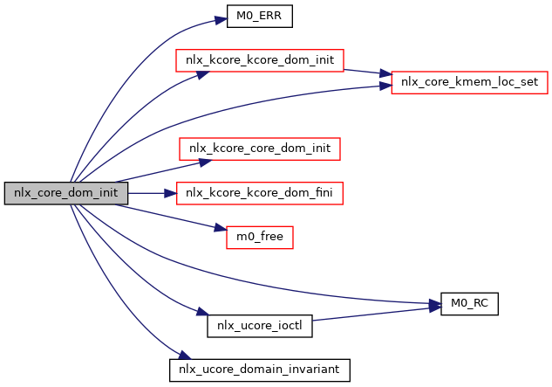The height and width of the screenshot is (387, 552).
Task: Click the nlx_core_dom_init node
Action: click(66, 193)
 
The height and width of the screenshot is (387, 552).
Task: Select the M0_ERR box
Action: click(260, 16)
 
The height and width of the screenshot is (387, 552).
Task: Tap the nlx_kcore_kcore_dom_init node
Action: click(260, 60)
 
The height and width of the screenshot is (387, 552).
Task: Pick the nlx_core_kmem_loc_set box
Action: click(470, 82)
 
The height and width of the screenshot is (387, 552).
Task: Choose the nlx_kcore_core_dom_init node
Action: click(260, 149)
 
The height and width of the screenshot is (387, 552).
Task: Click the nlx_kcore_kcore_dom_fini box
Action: click(260, 193)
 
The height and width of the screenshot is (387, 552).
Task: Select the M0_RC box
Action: click(470, 304)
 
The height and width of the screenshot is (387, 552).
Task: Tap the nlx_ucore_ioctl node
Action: click(260, 326)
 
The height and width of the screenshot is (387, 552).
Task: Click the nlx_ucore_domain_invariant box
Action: click(260, 370)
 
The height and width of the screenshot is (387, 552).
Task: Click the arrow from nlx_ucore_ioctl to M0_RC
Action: click(375, 314)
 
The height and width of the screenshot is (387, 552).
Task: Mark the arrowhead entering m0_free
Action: click(221, 230)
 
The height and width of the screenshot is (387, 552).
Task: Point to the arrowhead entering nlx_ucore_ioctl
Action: click(201, 313)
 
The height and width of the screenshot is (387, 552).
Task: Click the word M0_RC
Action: click(470, 304)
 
